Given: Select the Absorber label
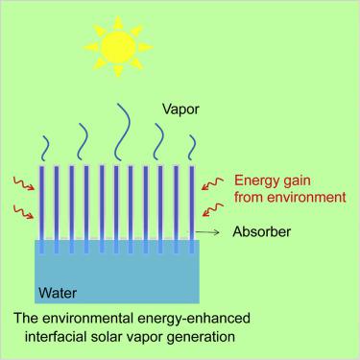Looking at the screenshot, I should (x=262, y=232).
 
